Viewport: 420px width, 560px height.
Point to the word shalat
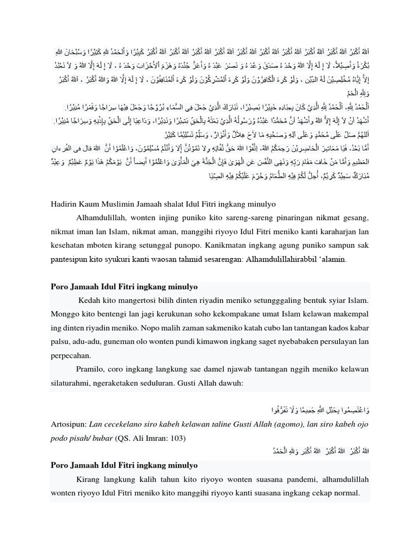coord(182,204)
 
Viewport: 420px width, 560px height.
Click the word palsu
coord(61,342)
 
